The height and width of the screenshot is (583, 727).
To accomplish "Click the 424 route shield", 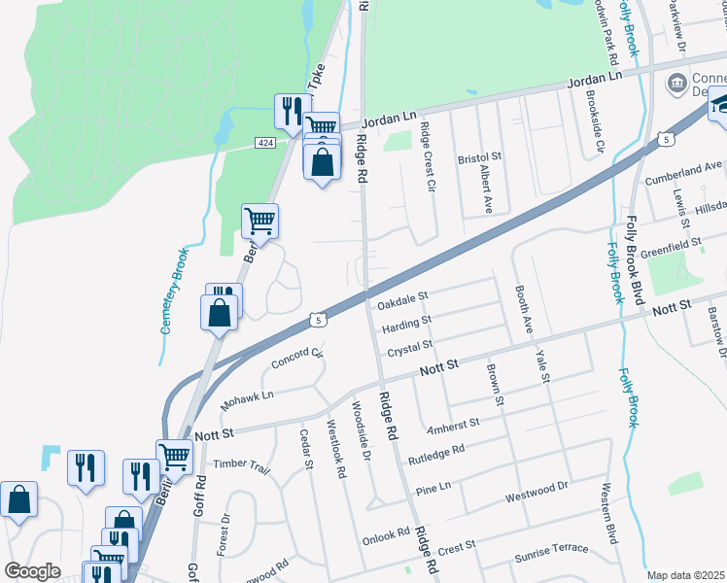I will (x=264, y=143).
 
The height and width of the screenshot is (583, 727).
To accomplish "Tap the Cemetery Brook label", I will (x=174, y=290).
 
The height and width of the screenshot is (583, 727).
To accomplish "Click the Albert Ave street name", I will (x=485, y=189).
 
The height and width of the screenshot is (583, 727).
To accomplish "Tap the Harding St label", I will (x=406, y=319).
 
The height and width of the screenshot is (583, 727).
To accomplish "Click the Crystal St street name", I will (x=409, y=346).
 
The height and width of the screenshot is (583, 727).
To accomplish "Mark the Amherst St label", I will (x=453, y=424).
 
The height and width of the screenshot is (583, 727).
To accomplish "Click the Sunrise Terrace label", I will (x=551, y=549).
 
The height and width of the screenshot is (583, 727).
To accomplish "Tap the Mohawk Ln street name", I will (x=247, y=397).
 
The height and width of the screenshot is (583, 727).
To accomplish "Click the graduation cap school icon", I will (x=720, y=103).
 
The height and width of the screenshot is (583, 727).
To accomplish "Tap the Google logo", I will (x=32, y=571).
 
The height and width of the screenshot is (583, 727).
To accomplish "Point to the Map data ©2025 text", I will (x=686, y=575).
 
